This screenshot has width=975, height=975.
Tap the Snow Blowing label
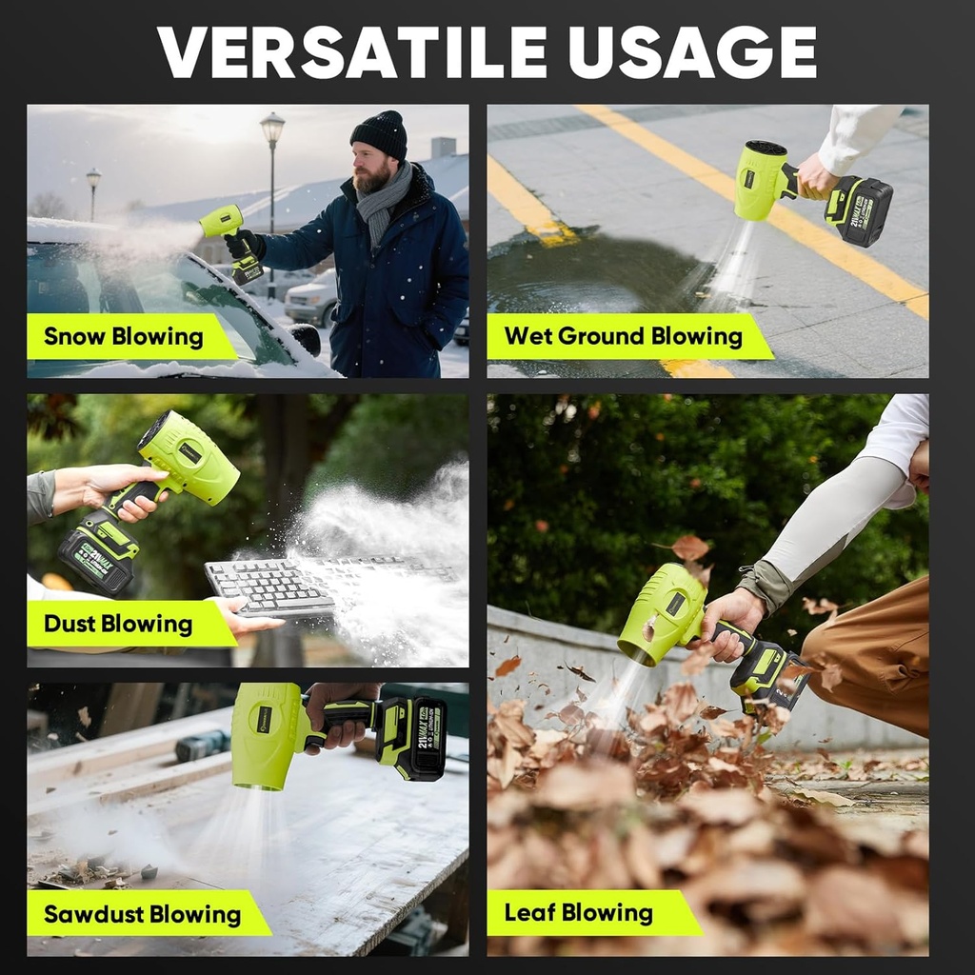click(x=124, y=337)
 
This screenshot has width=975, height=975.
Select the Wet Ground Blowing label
click(x=623, y=337)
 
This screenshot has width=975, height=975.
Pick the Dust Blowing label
click(x=119, y=625)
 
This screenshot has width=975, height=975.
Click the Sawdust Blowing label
click(x=142, y=915)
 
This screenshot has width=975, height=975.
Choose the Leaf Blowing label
click(x=579, y=914)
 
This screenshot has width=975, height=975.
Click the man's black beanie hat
click(x=380, y=134)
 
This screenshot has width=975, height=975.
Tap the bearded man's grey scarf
click(x=383, y=201)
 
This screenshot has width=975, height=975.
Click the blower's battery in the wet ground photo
click(x=859, y=210)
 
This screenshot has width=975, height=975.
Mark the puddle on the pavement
click(x=590, y=276)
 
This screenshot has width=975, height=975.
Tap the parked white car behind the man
click(x=310, y=297)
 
